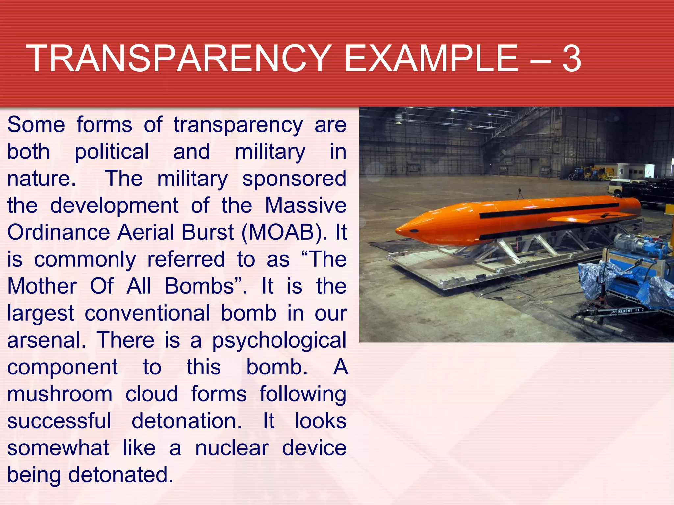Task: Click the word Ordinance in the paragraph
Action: [x=59, y=232]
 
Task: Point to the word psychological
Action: [x=279, y=340]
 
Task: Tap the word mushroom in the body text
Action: [x=60, y=394]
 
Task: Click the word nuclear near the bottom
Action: [x=232, y=448]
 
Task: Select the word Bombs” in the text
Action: [x=206, y=286]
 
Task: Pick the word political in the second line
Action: [x=112, y=152]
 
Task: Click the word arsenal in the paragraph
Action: [x=46, y=340]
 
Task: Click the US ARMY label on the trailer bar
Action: [x=627, y=310]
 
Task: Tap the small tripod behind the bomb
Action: [x=520, y=194]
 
